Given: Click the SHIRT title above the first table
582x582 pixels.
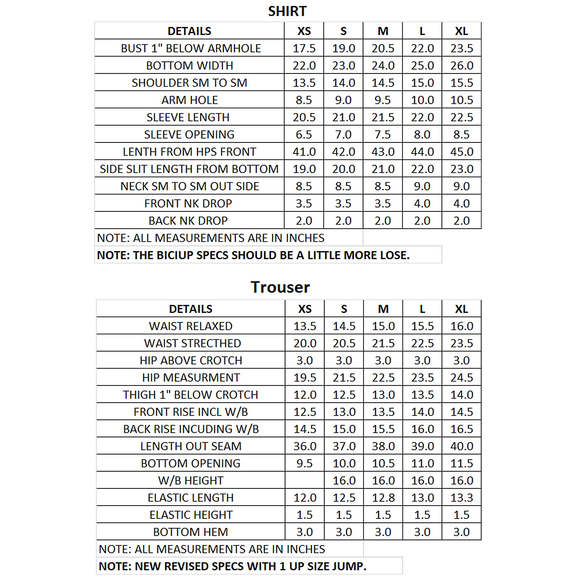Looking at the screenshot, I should (287, 11).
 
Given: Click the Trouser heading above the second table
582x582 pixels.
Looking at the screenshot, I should (280, 287).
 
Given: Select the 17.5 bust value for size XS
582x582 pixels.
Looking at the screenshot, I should (304, 48).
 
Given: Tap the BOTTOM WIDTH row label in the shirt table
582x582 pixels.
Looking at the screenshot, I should (189, 66).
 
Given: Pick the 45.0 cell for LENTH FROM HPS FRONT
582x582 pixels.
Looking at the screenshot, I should (462, 152).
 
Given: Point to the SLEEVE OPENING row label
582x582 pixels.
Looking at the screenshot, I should (189, 135).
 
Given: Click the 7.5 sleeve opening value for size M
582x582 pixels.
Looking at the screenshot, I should (383, 135).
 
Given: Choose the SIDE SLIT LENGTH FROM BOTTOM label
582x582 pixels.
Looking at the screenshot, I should (189, 169).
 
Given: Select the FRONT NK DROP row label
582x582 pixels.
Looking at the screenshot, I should (188, 204).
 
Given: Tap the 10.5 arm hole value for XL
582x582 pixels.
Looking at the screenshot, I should (462, 100).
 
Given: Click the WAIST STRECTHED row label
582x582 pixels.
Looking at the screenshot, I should (192, 343).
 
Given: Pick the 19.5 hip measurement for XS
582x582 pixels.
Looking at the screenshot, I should (305, 378).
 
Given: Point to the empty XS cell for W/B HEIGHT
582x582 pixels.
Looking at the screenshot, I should (305, 480).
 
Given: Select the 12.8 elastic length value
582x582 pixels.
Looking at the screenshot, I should (383, 498).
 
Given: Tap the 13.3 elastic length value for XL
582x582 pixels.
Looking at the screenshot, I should (462, 498).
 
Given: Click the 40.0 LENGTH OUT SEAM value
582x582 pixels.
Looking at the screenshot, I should (462, 446).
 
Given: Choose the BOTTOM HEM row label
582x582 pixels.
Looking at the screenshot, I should (190, 532).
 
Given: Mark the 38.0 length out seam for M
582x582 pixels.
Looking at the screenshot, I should (383, 446).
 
